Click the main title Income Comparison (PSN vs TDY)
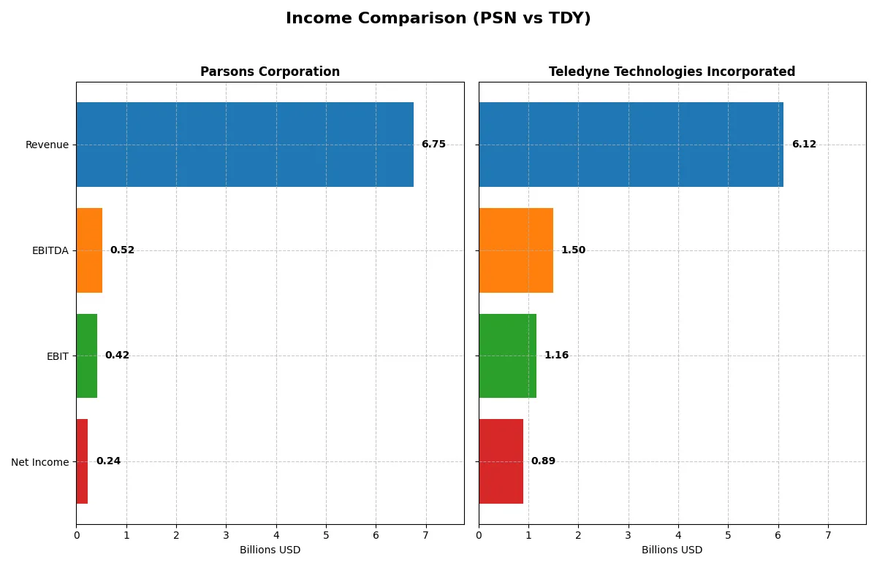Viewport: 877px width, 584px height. [438, 18]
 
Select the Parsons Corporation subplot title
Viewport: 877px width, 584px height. [270, 72]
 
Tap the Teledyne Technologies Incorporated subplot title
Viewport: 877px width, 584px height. [672, 72]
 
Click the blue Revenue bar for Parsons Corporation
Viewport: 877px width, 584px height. [245, 145]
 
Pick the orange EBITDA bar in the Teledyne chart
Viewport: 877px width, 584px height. [516, 250]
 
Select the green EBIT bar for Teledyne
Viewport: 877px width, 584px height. [507, 356]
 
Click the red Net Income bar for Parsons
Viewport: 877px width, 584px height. [82, 461]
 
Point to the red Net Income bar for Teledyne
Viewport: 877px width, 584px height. [501, 461]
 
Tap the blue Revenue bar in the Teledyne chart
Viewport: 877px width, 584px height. [631, 145]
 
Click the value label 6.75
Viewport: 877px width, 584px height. [433, 145]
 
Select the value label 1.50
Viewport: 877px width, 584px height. [573, 250]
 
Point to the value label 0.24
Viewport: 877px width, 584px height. [108, 461]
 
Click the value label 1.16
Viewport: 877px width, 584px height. [556, 356]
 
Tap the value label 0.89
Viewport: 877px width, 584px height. [543, 461]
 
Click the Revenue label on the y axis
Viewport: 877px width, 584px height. [47, 145]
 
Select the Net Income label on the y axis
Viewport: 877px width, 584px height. [39, 462]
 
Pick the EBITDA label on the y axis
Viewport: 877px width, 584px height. [50, 250]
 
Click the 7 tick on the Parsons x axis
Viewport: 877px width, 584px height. [425, 535]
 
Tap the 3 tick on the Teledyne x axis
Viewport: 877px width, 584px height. [628, 535]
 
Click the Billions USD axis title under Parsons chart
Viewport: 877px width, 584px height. [270, 550]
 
